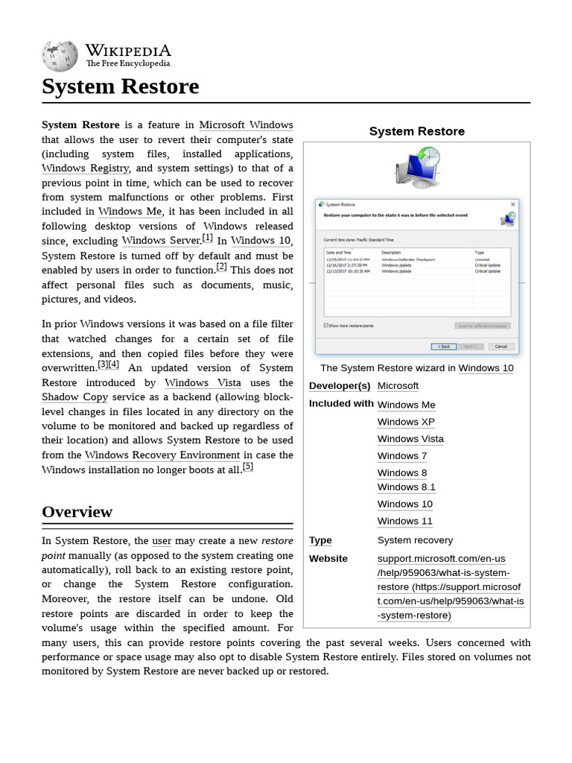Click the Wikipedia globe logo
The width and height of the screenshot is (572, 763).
pyautogui.click(x=60, y=56)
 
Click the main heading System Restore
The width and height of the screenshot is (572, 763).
pyautogui.click(x=121, y=86)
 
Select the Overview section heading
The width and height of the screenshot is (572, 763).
pyautogui.click(x=77, y=512)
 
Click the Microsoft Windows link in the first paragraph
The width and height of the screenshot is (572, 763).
pyautogui.click(x=246, y=125)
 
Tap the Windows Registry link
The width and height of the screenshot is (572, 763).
pyautogui.click(x=86, y=168)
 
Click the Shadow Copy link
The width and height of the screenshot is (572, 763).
pyautogui.click(x=74, y=397)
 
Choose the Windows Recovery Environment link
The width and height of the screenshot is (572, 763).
pyautogui.click(x=162, y=455)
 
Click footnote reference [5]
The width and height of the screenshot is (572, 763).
pyautogui.click(x=248, y=467)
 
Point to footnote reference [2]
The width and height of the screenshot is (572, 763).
pyautogui.click(x=222, y=267)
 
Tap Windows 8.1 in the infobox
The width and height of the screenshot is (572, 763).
pyautogui.click(x=406, y=487)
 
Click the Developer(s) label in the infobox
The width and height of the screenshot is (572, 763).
pyautogui.click(x=340, y=386)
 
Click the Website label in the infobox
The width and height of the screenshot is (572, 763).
pyautogui.click(x=328, y=559)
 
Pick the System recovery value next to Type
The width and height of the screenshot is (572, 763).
pyautogui.click(x=415, y=540)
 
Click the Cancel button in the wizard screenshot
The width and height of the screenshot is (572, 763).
pyautogui.click(x=500, y=346)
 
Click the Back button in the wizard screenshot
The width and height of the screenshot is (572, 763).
pyautogui.click(x=444, y=346)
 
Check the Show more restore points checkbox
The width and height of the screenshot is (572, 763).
pyautogui.click(x=326, y=326)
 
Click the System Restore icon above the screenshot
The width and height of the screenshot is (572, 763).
pyautogui.click(x=417, y=166)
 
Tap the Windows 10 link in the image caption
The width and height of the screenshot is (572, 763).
pyautogui.click(x=486, y=368)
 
